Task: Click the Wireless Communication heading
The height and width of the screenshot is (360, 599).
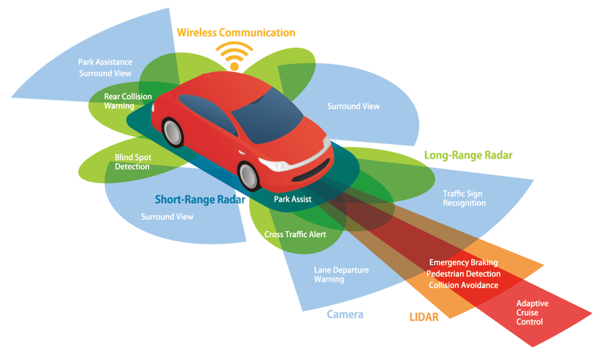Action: point(235,32)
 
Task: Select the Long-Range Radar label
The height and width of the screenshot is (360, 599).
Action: point(468,155)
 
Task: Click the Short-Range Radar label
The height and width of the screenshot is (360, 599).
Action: point(200,199)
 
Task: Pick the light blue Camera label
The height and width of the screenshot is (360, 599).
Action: point(345,314)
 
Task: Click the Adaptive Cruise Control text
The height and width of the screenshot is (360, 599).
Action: point(532,313)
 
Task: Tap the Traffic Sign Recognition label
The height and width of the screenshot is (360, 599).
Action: point(464,198)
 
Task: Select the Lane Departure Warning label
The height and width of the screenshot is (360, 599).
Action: point(341,274)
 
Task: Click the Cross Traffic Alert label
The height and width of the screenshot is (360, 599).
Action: point(295,234)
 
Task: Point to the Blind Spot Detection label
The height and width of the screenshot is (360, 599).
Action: point(132,162)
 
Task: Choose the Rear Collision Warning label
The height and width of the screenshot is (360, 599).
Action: point(128,101)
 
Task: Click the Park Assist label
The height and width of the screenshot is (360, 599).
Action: point(292,199)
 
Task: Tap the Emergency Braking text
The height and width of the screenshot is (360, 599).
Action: point(463,262)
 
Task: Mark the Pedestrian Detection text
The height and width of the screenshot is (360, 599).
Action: point(463,274)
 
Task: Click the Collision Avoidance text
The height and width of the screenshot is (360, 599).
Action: point(463,285)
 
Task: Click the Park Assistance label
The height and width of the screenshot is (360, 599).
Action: point(105,62)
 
